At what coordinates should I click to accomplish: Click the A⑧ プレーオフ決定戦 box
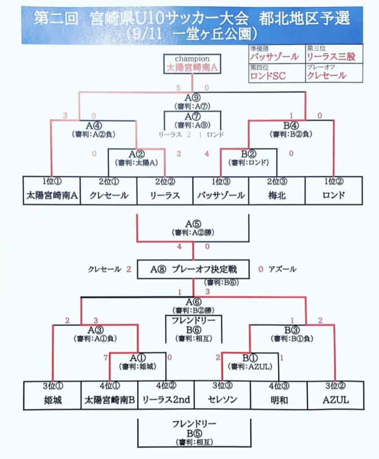coord(193,269)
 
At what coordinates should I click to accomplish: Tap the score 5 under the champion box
coord(178,88)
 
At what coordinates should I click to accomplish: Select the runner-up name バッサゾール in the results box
coord(275,57)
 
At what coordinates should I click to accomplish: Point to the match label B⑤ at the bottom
coord(194,433)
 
